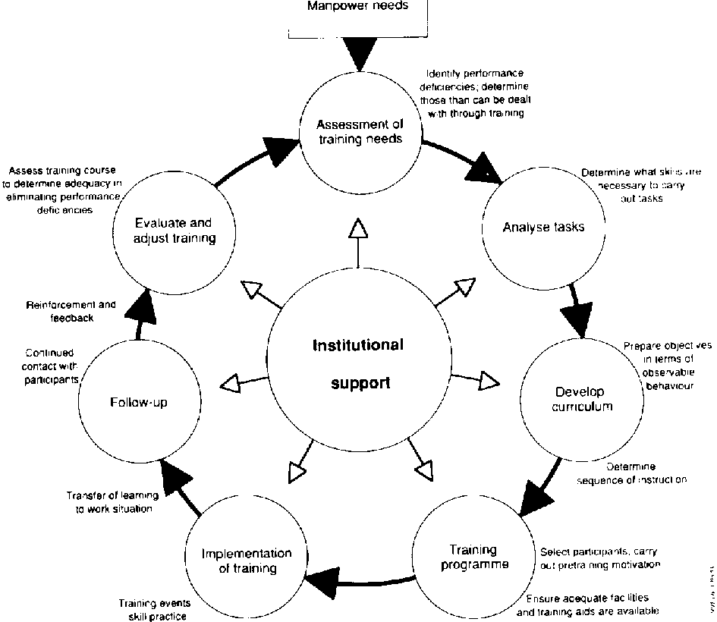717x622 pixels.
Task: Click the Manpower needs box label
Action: tap(359, 7)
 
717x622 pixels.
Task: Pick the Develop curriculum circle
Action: tap(579, 399)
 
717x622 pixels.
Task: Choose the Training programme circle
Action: tap(473, 558)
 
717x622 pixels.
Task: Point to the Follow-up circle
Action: tap(138, 402)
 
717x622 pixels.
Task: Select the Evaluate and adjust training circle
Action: tap(175, 231)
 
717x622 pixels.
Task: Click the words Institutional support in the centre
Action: tap(358, 363)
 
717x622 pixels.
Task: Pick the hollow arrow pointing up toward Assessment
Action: tap(358, 228)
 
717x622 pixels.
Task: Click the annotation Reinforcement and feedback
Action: tap(71, 312)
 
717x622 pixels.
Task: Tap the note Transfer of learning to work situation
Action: tap(112, 502)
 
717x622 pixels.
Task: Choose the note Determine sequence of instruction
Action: tap(632, 473)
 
